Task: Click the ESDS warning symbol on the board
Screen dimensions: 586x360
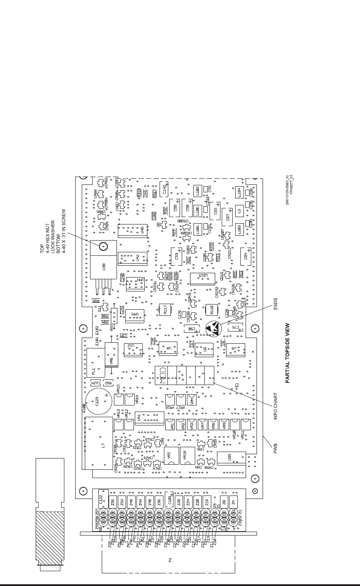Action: tap(213, 328)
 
